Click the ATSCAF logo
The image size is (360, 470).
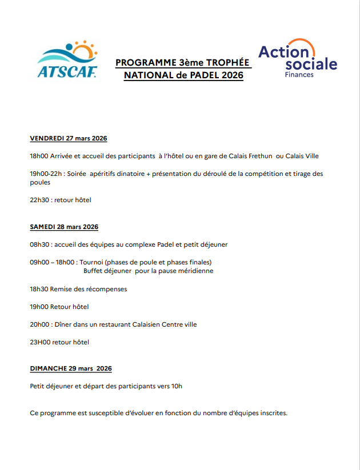point(67,59)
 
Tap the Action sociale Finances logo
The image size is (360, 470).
point(298,59)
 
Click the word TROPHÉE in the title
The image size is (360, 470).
point(229,62)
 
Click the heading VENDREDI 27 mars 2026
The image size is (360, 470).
point(69,138)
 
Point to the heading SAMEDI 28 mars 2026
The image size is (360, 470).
point(64,227)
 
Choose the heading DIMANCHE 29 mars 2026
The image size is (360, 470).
point(71,368)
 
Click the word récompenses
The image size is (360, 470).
point(106,289)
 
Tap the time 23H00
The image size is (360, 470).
point(40,342)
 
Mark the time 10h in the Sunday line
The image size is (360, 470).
point(177,386)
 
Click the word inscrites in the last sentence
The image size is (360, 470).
point(271,412)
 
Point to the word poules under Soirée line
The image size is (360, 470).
point(40,182)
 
